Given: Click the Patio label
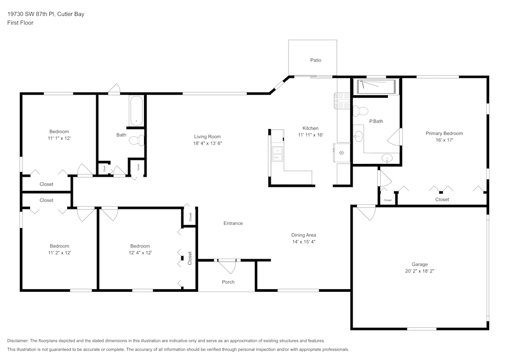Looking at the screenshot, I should click(316, 60).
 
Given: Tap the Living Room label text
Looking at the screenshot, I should click(207, 136).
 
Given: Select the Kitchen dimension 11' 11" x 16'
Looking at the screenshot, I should click(310, 135).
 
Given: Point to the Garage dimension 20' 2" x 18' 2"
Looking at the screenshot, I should click(419, 271).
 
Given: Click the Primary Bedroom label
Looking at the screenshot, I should click(444, 133).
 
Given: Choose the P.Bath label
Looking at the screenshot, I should click(376, 121).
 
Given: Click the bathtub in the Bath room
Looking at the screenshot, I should click(136, 110).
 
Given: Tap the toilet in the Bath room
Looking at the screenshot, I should click(135, 141).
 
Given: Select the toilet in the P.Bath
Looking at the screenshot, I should click(361, 110).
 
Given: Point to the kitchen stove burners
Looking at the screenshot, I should click(341, 101).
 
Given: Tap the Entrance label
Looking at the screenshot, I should click(233, 223).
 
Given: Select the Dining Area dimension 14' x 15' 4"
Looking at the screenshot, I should click(304, 242).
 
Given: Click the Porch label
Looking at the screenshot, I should click(228, 282).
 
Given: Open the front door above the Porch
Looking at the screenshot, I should click(227, 263).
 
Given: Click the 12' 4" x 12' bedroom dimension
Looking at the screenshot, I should click(140, 253).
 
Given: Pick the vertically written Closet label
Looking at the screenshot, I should click(190, 258).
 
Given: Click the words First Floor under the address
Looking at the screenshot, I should click(20, 23).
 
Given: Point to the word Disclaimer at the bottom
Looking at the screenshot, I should click(18, 341).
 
